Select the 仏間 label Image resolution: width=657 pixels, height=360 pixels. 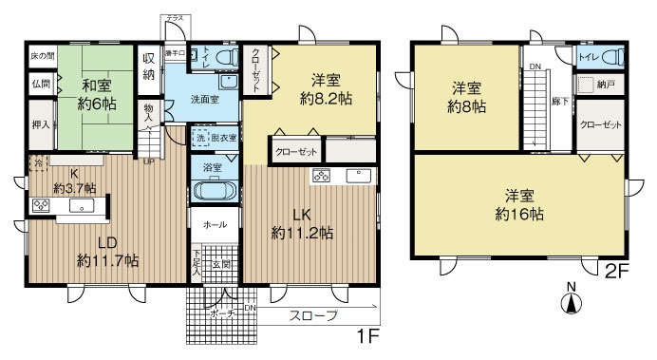tap(40, 85)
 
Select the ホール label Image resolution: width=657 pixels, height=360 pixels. tap(214, 224)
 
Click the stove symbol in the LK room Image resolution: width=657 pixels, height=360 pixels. tap(320, 176)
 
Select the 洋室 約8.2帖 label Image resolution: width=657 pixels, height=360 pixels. tap(326, 88)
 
